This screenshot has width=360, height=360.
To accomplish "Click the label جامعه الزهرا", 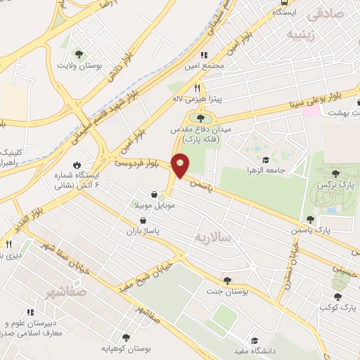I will [260, 170].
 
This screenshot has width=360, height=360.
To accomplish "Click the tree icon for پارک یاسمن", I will [310, 219].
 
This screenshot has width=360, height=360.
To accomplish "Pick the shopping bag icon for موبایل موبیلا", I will [154, 195].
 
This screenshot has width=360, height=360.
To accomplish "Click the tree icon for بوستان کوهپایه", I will [125, 337].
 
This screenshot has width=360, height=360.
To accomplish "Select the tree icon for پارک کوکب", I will [339, 297].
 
